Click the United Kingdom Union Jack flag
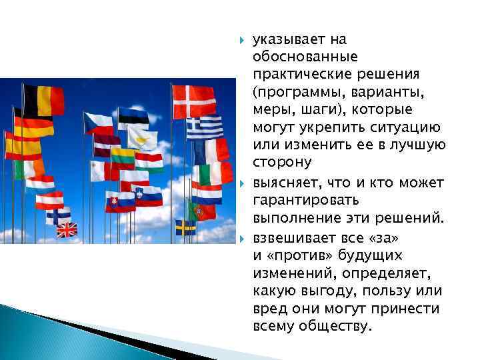point(67,231)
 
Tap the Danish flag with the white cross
point(194,102)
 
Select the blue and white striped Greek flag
point(204,127)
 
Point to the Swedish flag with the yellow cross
point(185,228)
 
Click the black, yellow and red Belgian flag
point(44,100)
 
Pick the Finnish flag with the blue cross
point(59,215)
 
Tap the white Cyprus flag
point(143,139)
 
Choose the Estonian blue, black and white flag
point(133,117)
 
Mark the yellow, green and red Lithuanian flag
point(123,156)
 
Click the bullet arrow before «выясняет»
point(241,183)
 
